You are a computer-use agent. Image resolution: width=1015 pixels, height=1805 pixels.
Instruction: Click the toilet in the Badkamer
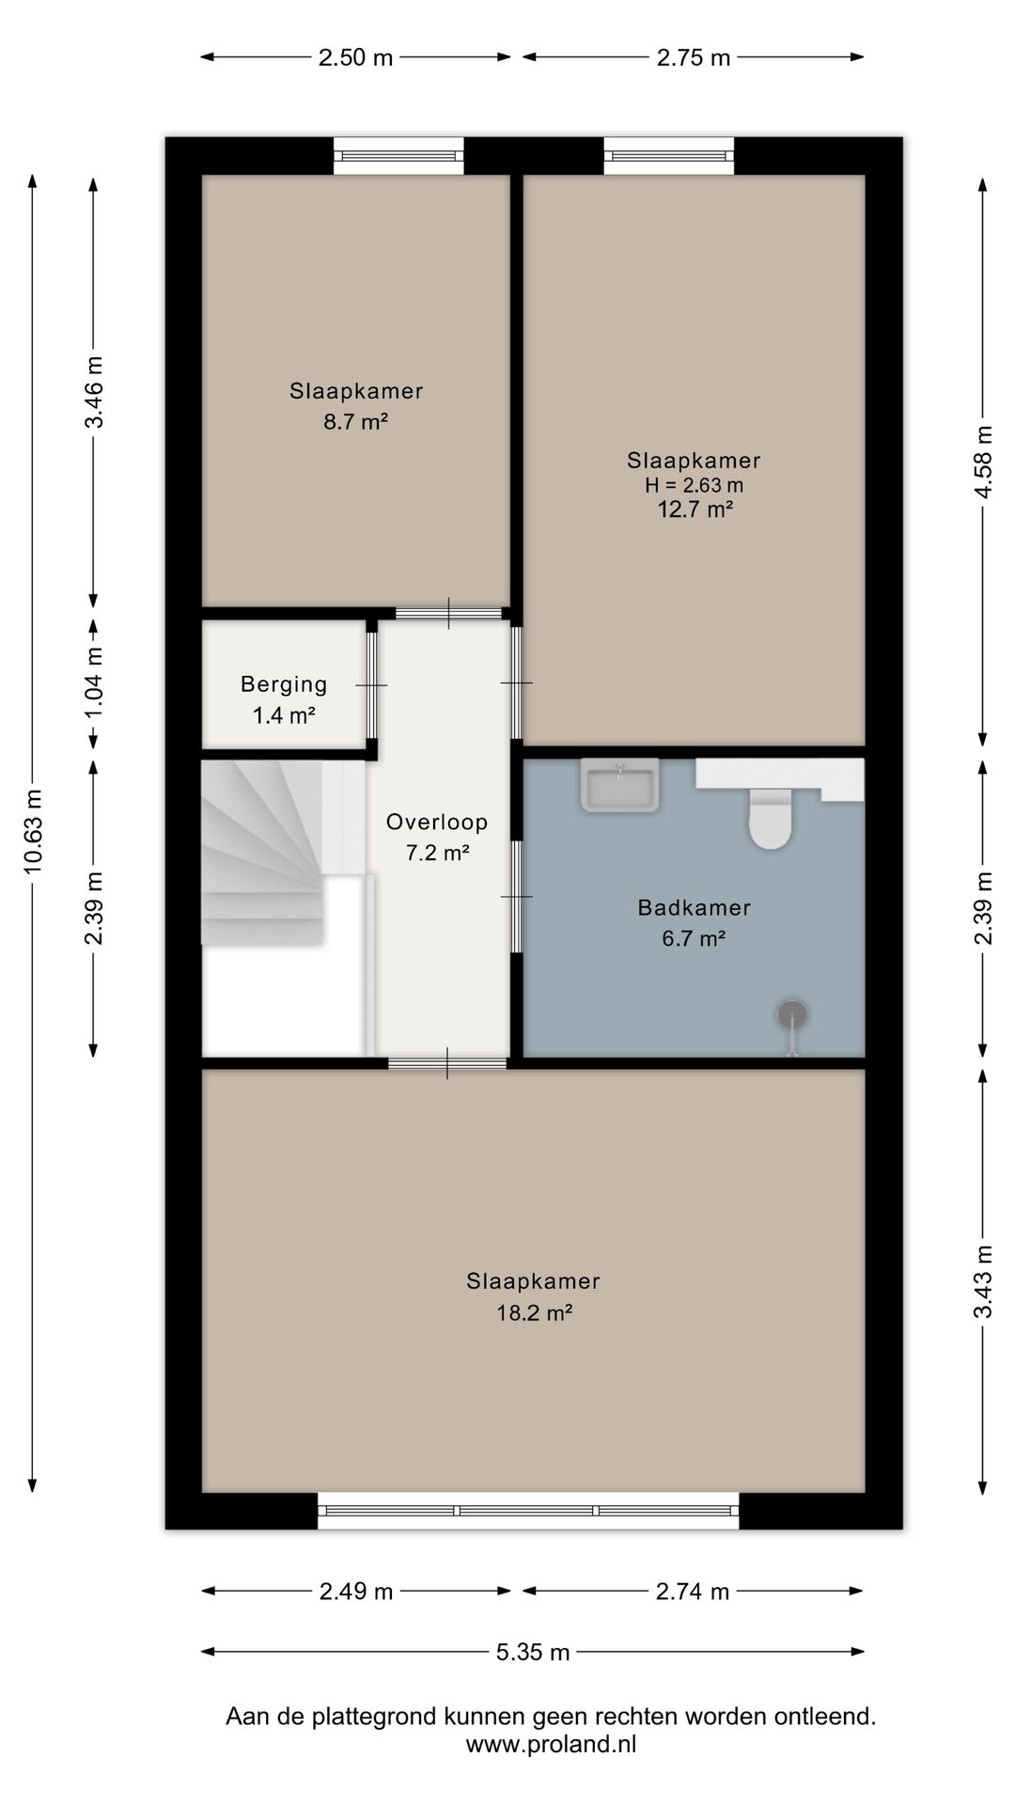pos(769,818)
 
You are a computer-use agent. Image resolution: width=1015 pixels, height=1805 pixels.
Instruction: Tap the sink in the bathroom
pos(620,785)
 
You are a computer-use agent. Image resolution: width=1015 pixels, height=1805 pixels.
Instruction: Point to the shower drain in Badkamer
pos(792,1014)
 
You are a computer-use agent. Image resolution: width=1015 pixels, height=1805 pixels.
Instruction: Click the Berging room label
pos(284,684)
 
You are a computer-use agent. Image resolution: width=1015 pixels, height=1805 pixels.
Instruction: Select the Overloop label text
pos(437,823)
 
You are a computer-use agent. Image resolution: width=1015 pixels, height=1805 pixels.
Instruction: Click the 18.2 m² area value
pos(534,1312)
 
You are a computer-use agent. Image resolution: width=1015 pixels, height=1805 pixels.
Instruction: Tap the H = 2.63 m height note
pos(694,486)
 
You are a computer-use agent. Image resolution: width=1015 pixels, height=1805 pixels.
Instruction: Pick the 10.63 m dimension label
pos(34,831)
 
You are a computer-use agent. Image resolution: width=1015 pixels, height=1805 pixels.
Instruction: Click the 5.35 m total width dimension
pos(533,1652)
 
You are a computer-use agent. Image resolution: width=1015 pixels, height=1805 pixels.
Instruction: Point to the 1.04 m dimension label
pos(95,683)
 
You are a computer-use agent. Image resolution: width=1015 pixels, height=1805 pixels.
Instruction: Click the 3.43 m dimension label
pos(983,1282)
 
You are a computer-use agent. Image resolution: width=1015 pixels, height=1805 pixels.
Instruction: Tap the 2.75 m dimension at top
pos(694,57)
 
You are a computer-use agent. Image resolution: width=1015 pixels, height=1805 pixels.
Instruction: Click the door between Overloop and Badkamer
pos(516,897)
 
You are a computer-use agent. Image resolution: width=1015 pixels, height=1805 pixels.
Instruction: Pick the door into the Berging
pos(372,685)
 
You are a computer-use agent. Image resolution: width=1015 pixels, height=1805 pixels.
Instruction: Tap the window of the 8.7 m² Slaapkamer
pos(399,155)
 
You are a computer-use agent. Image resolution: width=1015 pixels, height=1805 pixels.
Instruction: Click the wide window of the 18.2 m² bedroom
pos(528,1511)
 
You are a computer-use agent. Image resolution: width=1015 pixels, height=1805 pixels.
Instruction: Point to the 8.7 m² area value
pos(356,422)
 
